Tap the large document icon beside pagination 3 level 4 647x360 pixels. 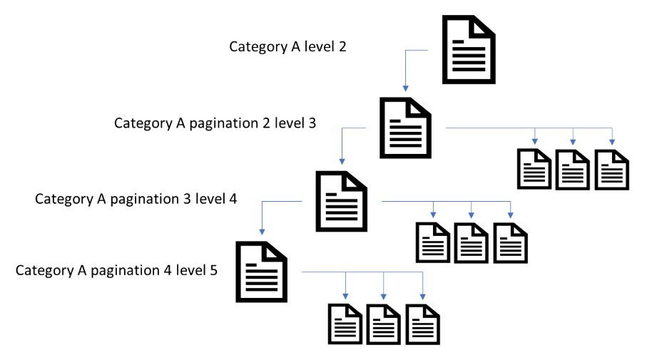(x=341, y=201)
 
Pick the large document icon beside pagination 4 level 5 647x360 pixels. (x=262, y=272)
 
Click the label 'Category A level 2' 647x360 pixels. (x=289, y=46)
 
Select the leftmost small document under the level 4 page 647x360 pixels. (x=433, y=242)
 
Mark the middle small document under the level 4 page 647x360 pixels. (x=472, y=242)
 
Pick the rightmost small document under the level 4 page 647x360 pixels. (x=510, y=242)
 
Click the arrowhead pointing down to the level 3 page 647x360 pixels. (x=405, y=88)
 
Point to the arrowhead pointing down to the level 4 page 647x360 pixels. (x=341, y=160)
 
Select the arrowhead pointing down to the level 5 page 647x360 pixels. (x=262, y=233)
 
